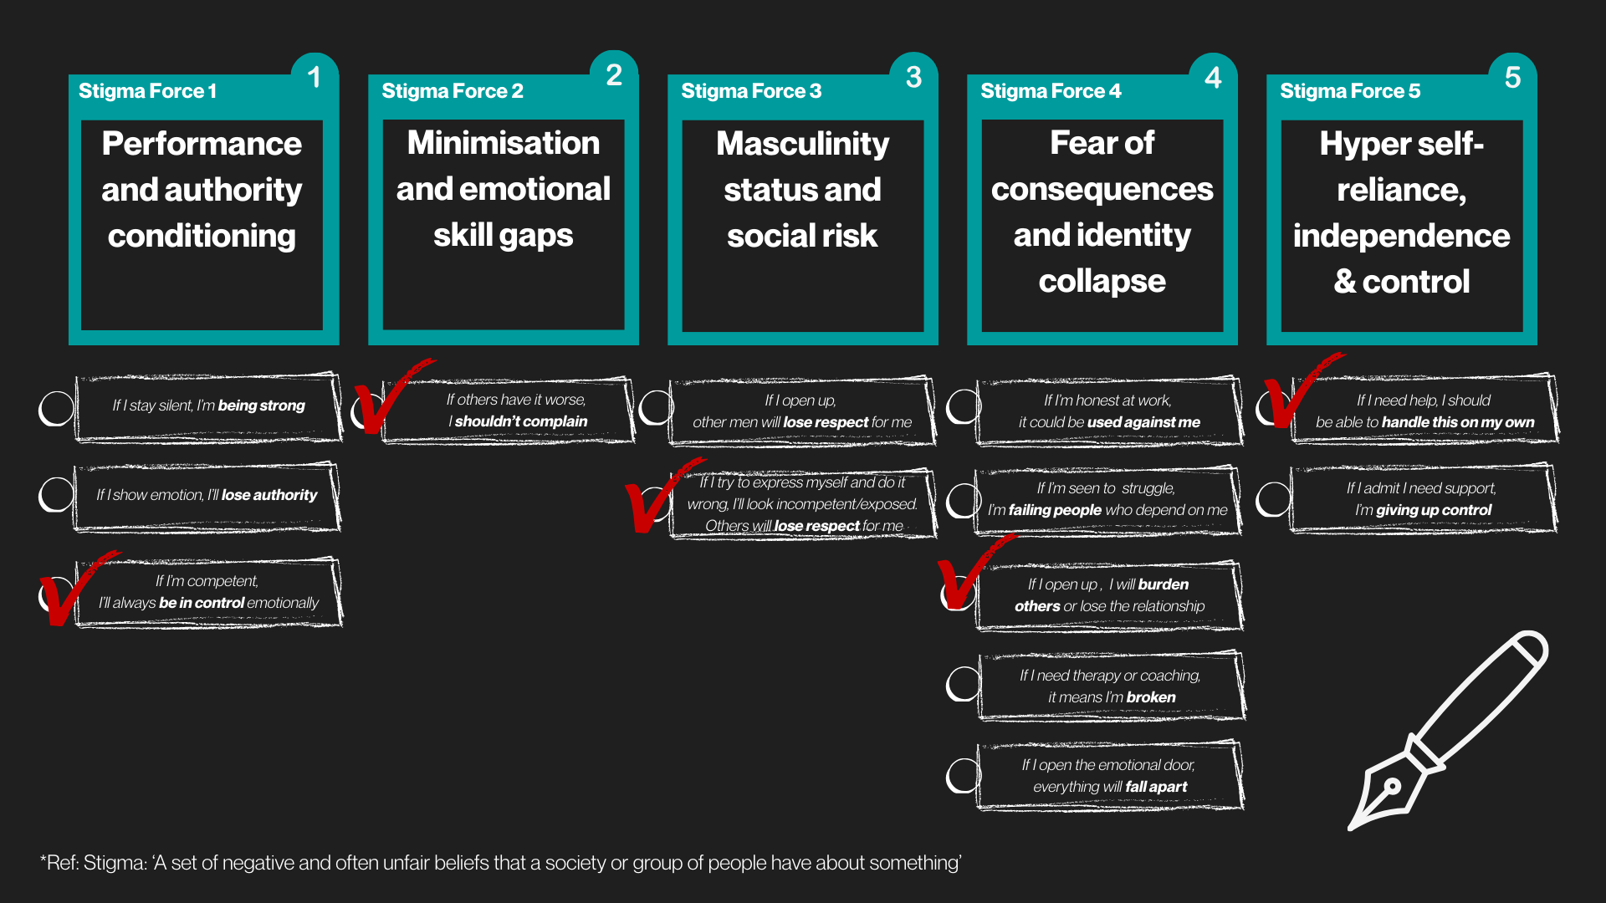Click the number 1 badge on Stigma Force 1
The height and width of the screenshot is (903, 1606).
click(x=315, y=78)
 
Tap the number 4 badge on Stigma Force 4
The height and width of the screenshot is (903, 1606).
click(x=1213, y=78)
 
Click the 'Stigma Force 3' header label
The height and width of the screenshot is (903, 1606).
click(x=751, y=91)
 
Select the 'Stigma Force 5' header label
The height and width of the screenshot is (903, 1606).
click(x=1350, y=91)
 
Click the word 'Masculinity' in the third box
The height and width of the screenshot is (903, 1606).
click(x=802, y=144)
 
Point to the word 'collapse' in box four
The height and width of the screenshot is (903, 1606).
click(x=1102, y=282)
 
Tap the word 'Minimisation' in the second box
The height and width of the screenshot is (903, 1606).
click(x=503, y=143)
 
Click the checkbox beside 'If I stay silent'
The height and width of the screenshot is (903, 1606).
click(x=57, y=408)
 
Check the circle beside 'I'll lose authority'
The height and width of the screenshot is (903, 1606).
click(x=57, y=494)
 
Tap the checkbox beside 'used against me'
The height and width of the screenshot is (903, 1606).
click(x=964, y=406)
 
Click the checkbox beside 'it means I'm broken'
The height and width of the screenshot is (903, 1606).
click(x=964, y=684)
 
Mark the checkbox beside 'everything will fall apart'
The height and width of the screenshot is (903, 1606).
click(x=964, y=776)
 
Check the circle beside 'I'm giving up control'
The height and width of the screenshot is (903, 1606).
click(x=1273, y=499)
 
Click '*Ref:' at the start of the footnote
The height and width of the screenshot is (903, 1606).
click(x=59, y=863)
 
